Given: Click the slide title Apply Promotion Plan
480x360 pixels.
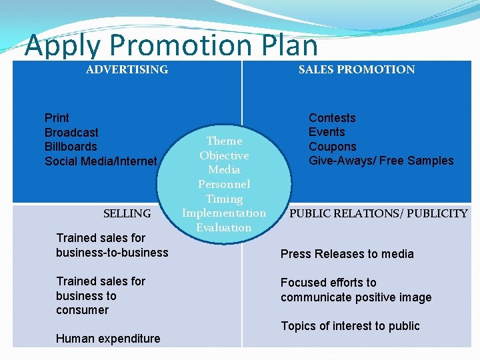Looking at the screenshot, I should [171, 45].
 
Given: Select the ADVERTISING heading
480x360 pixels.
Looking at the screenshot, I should [127, 69].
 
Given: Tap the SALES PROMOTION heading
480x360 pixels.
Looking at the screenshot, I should [356, 69].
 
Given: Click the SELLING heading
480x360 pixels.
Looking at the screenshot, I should [127, 213].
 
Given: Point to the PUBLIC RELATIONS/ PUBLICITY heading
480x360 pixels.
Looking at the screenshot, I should [378, 213].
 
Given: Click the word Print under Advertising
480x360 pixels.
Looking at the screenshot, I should [57, 118].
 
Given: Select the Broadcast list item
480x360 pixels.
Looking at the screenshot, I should [71, 133].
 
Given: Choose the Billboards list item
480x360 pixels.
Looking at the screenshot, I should [71, 147].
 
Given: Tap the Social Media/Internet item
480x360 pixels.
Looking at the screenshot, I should [101, 161].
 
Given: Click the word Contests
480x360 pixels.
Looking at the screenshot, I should [332, 118].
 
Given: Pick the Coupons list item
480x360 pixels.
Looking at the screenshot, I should [332, 147].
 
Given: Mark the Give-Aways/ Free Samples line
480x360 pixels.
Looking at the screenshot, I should [381, 161].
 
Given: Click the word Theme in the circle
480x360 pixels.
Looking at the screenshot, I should [224, 141].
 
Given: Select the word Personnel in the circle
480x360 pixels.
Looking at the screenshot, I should [224, 184].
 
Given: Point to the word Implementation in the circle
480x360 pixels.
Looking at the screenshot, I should [224, 213].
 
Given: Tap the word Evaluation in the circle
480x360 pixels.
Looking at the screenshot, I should [224, 227].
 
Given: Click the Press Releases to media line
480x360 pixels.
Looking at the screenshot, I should [347, 254].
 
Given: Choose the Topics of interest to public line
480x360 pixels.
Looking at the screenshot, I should [350, 326].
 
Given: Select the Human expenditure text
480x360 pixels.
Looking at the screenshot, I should [108, 339].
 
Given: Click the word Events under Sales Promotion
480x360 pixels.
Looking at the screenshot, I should [327, 132].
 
